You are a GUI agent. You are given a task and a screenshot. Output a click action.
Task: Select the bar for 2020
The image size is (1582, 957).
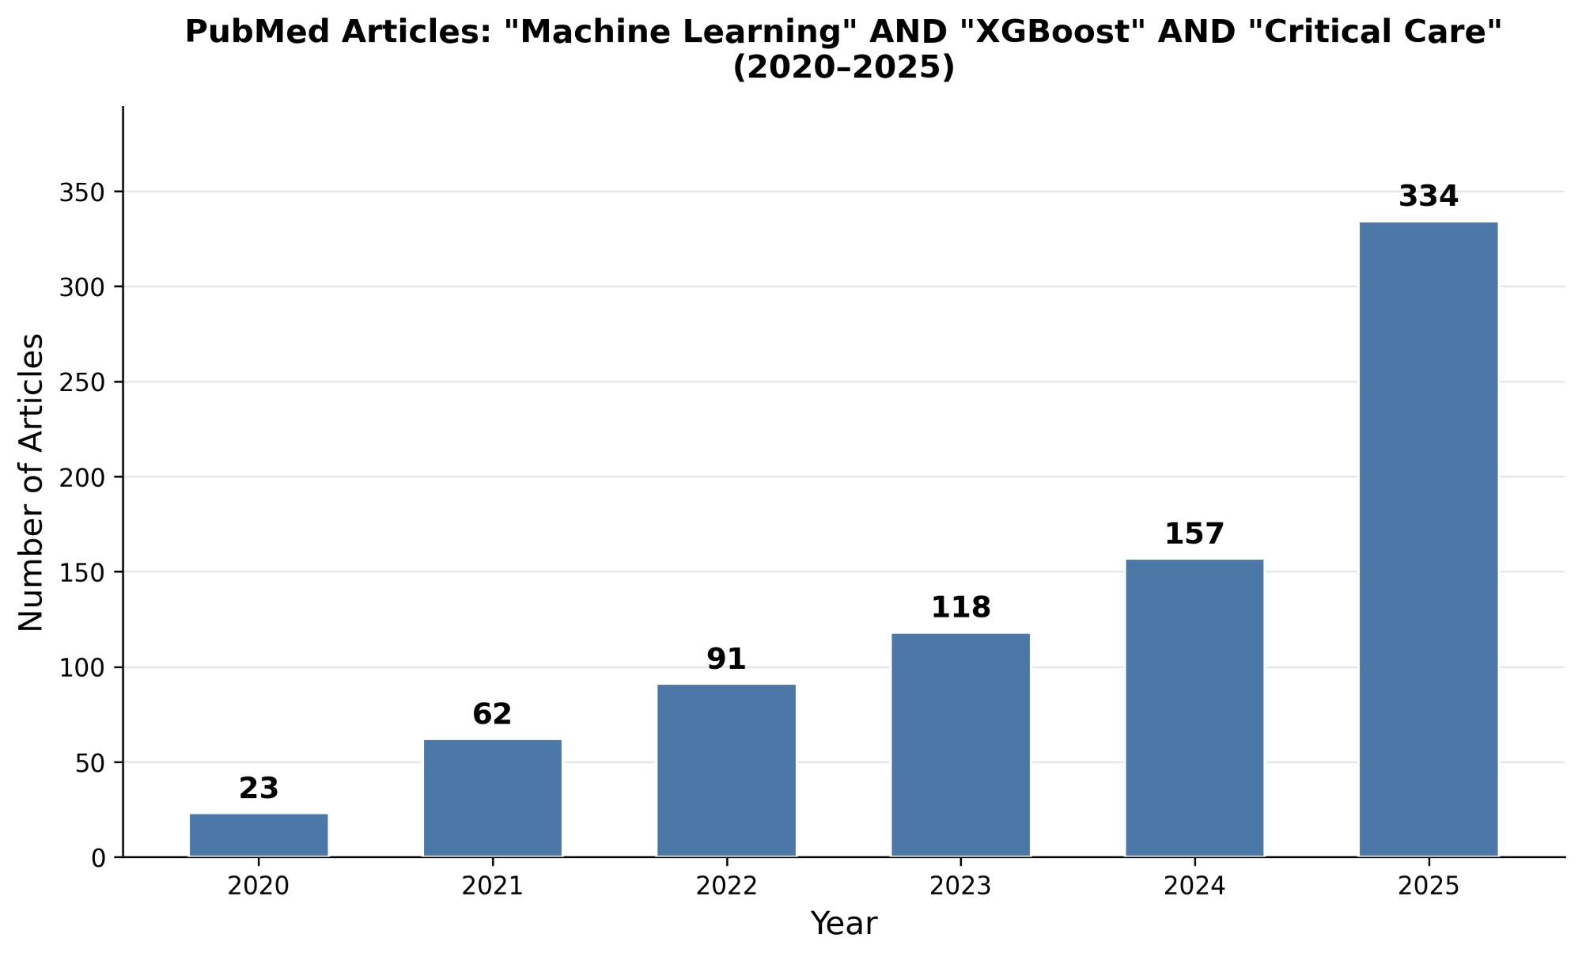pos(259,835)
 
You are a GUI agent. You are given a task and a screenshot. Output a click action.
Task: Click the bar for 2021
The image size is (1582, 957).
pos(493,798)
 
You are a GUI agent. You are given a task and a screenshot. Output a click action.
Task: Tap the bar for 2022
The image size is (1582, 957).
pos(726,770)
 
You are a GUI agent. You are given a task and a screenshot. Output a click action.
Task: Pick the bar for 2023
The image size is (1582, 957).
pos(960,745)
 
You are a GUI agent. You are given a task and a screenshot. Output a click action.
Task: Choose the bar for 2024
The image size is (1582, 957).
pos(1194,708)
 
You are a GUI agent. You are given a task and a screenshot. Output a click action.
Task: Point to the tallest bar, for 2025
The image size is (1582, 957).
pos(1429,539)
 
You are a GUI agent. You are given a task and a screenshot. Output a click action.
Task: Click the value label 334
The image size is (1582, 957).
pos(1429,196)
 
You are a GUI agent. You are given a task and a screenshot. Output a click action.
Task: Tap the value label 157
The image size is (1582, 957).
pos(1194,534)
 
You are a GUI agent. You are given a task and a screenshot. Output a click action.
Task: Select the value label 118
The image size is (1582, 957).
pos(960,608)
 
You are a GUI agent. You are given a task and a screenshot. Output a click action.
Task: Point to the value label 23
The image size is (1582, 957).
pos(259,788)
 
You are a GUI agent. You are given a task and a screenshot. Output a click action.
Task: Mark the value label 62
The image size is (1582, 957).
pos(493,715)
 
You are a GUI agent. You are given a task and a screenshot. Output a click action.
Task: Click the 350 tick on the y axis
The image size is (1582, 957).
pos(82,192)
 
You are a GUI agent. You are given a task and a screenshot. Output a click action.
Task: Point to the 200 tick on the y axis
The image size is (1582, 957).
pos(82,477)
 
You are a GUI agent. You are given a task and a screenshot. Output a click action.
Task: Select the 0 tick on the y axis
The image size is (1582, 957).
pos(98,858)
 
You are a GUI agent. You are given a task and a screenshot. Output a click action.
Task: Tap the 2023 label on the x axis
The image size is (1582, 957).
pos(960,886)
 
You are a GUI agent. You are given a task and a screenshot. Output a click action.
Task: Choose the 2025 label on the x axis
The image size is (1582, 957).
pos(1429,886)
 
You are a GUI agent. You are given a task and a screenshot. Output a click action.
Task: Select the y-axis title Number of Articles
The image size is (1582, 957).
pos(32,482)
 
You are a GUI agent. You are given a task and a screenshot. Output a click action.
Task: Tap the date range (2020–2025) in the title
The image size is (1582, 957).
pos(844,68)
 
